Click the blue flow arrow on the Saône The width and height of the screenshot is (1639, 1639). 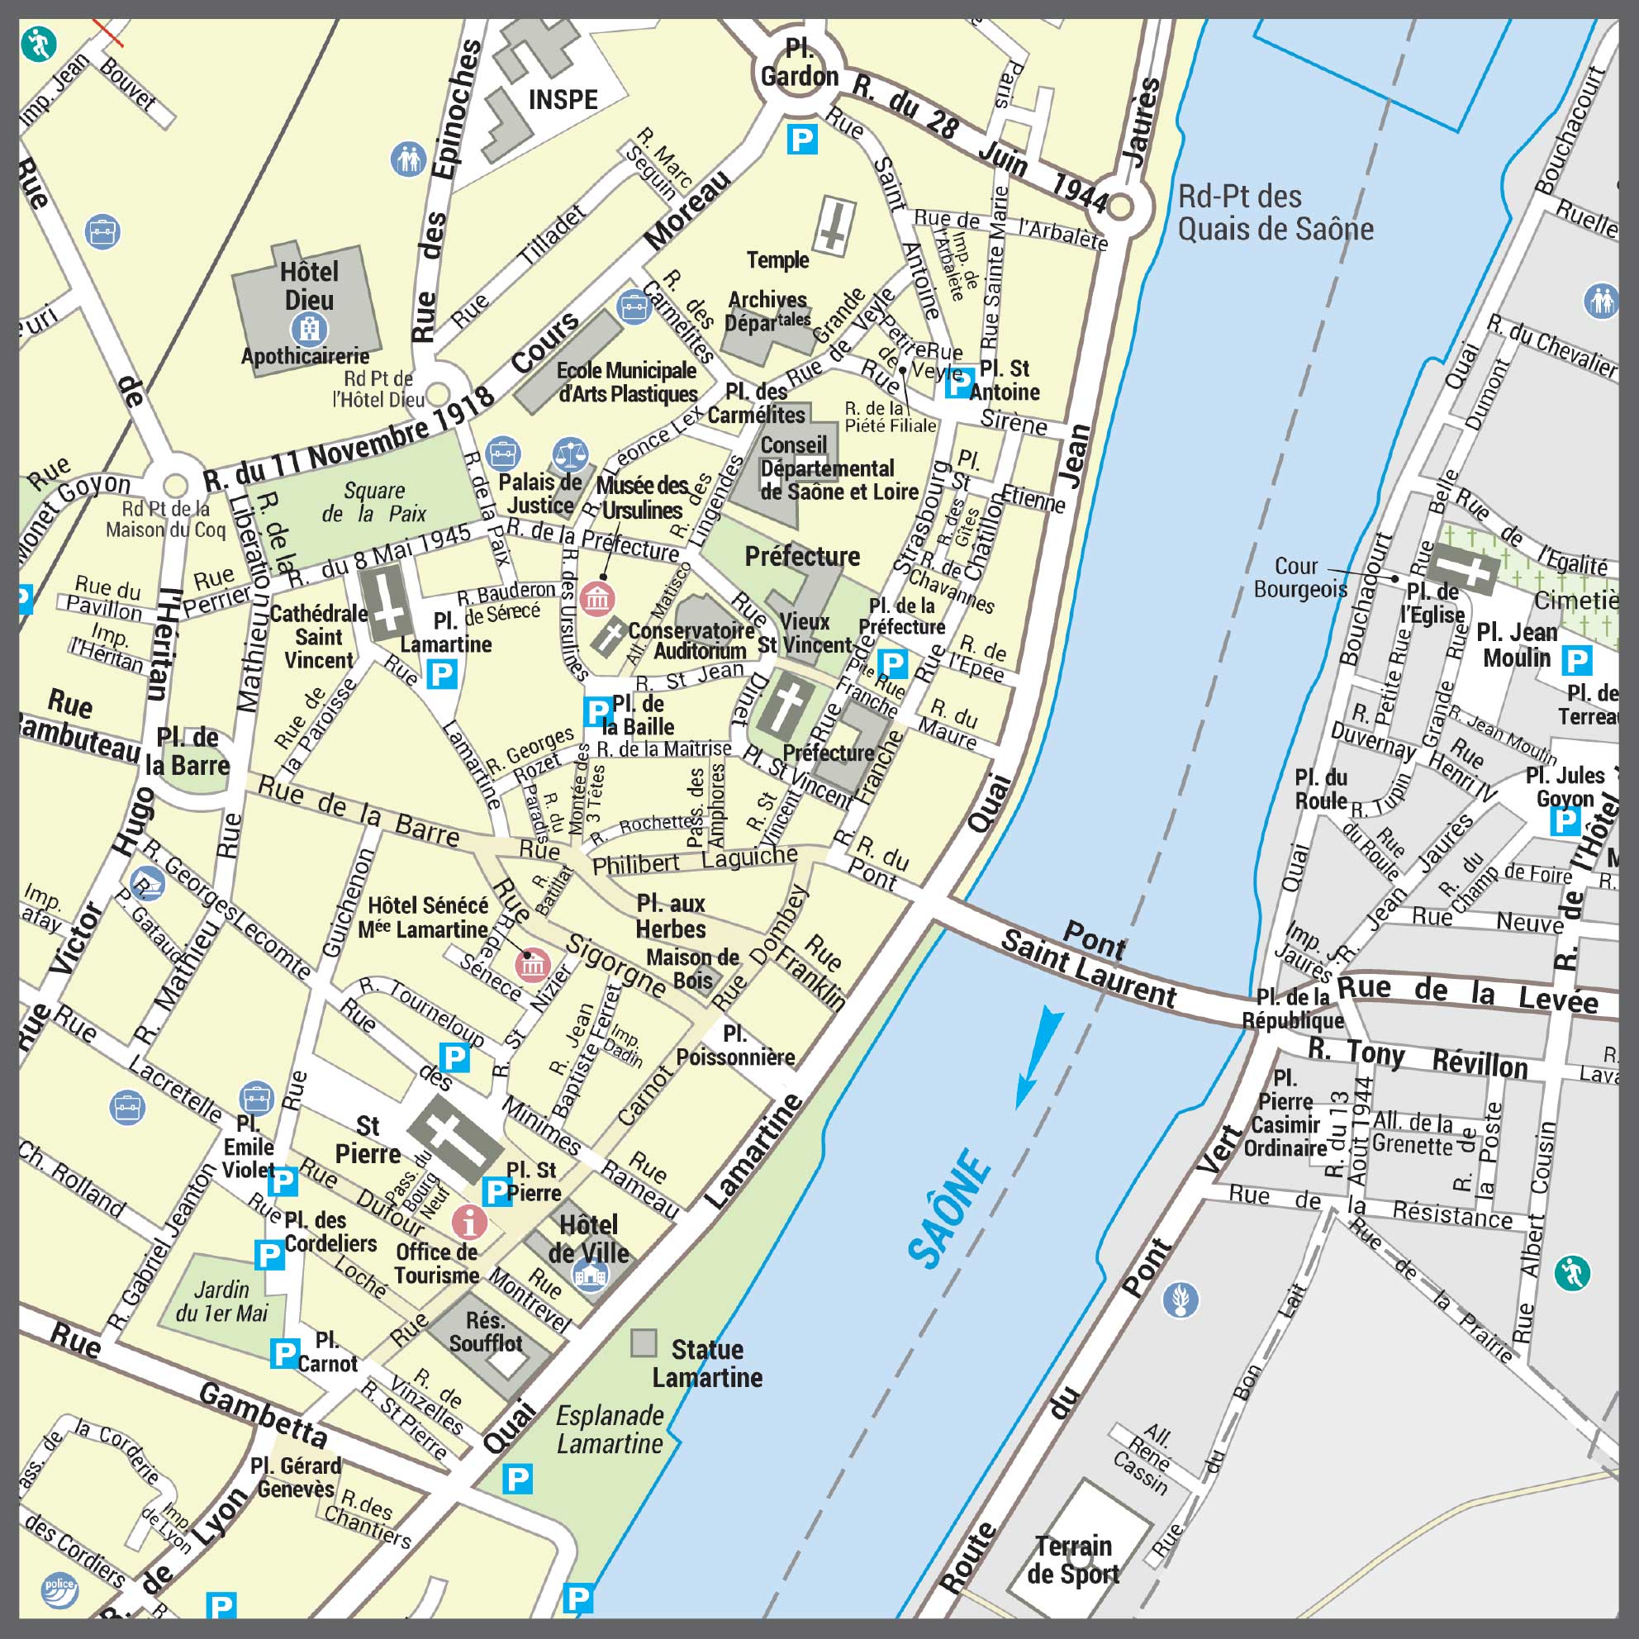tap(1038, 1057)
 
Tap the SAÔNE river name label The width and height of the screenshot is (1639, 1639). tap(949, 1208)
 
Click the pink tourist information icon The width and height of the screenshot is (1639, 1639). tap(469, 1222)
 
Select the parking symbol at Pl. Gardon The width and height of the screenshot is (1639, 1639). tap(801, 138)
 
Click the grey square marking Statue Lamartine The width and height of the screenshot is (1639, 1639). tap(644, 1343)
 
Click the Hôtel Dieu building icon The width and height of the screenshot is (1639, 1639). tap(309, 328)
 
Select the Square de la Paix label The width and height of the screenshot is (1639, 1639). tap(374, 502)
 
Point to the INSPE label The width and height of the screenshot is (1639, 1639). tap(563, 100)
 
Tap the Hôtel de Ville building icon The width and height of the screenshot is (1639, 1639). tap(591, 1275)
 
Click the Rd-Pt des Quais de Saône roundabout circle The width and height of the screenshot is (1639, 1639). tap(1120, 207)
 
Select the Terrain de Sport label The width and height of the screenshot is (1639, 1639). tap(1073, 1559)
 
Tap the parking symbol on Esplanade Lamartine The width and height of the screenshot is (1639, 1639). tap(516, 1480)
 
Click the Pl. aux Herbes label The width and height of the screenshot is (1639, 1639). tap(670, 916)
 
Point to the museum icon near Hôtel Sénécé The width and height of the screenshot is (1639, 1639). tap(533, 966)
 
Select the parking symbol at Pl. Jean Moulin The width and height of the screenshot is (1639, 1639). tap(1576, 659)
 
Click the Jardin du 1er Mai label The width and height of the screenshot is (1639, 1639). tap(221, 1301)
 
